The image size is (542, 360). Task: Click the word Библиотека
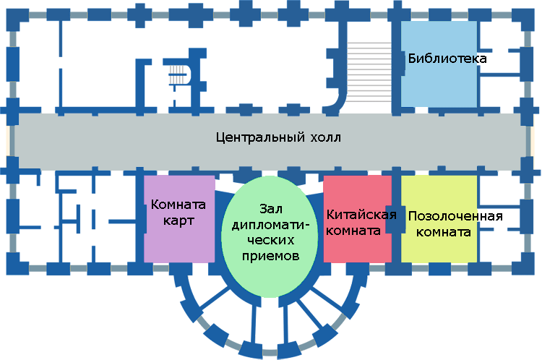point(447,58)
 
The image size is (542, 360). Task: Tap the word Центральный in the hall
point(260,137)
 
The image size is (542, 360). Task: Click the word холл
point(326,138)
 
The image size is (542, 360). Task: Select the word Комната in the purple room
point(178,205)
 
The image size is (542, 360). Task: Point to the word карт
point(178,220)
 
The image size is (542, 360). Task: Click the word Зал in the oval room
point(271,208)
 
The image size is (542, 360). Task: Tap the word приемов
point(270,256)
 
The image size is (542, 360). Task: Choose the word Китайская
point(361,215)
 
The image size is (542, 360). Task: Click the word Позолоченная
point(455,216)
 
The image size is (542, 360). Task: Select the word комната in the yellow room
point(444,232)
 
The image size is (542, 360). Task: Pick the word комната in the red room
point(353,231)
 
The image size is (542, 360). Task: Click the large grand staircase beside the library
point(369,72)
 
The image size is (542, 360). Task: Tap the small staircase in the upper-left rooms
point(178,75)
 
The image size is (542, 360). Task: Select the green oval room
point(270,236)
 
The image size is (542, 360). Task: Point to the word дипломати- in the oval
point(270,225)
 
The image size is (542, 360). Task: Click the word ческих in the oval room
point(271,240)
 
